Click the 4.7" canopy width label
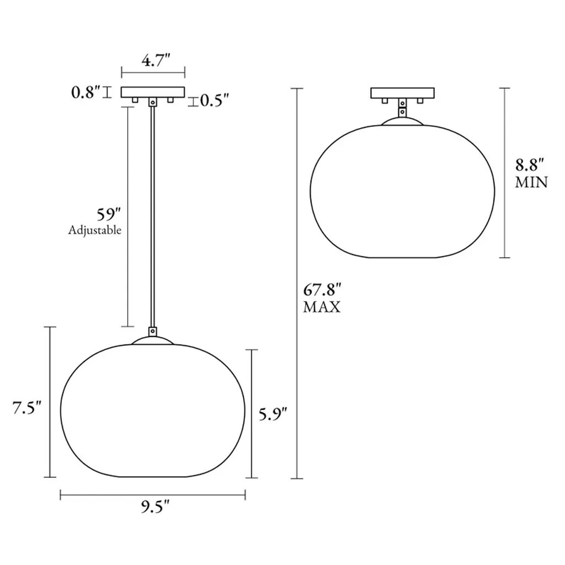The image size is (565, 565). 156,60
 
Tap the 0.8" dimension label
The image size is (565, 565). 86,92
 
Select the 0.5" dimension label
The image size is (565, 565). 215,100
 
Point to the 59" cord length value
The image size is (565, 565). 109,215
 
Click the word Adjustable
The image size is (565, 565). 95,230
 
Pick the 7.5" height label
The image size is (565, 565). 27,408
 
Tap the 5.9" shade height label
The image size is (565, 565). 273,414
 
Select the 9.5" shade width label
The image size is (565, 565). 155,507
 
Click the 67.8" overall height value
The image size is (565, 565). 322,290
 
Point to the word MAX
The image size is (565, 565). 322,307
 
